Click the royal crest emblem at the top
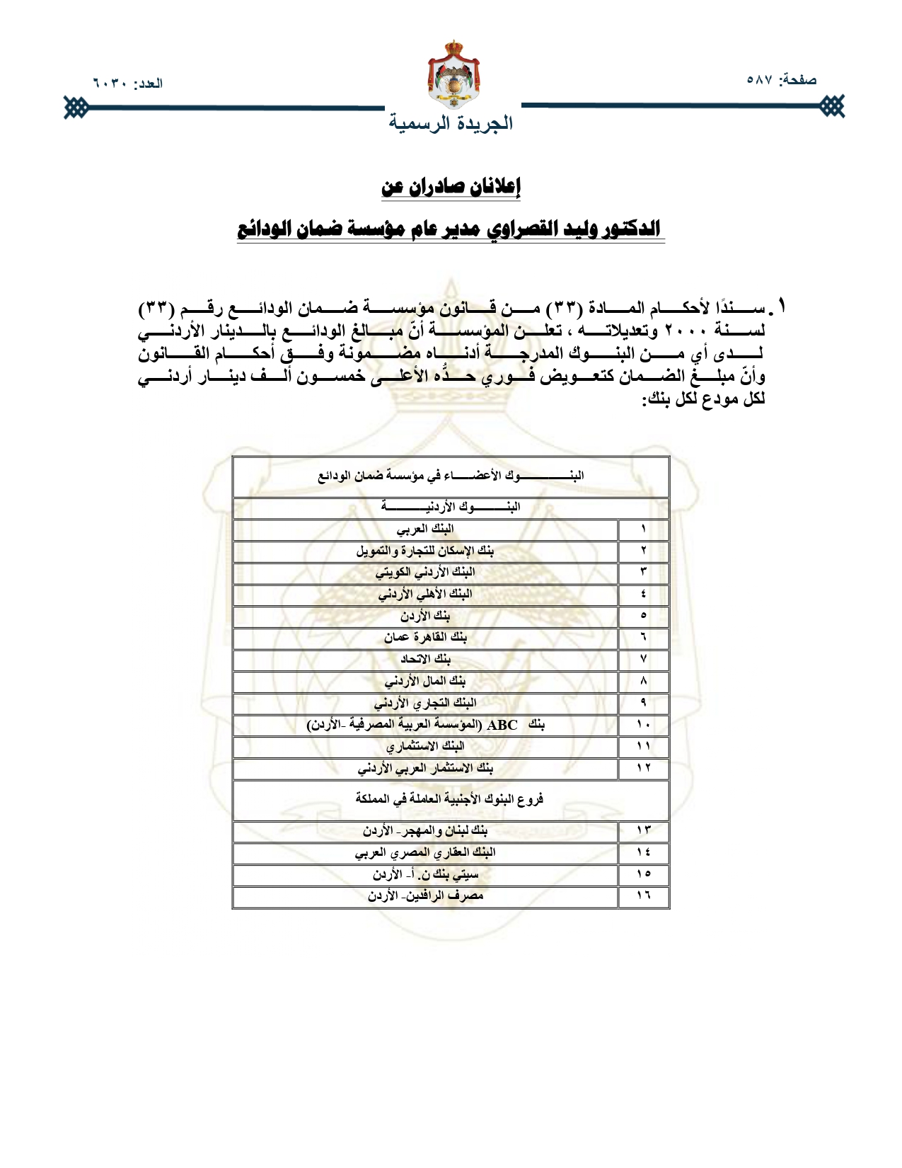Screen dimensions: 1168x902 pyautogui.click(x=453, y=74)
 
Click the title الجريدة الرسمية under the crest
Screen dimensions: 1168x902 pyautogui.click(x=451, y=123)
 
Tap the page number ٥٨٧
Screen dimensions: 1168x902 pyautogui.click(x=760, y=80)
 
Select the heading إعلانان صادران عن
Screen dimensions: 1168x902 pyautogui.click(x=451, y=187)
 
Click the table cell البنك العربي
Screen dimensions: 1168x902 pyautogui.click(x=425, y=529)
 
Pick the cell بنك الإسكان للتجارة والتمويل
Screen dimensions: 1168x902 pyautogui.click(x=425, y=551)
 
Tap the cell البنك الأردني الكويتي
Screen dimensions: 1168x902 pyautogui.click(x=425, y=572)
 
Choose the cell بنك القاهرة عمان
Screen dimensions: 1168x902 pyautogui.click(x=425, y=637)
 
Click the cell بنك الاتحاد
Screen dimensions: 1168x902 pyautogui.click(x=425, y=659)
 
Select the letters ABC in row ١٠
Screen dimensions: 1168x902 pyautogui.click(x=502, y=725)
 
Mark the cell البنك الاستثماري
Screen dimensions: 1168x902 pyautogui.click(x=425, y=746)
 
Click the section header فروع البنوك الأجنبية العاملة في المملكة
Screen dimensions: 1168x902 pyautogui.click(x=450, y=799)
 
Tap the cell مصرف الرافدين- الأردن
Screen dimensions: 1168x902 pyautogui.click(x=425, y=895)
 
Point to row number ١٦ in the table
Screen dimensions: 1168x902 pyautogui.click(x=643, y=895)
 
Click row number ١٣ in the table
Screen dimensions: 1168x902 pyautogui.click(x=643, y=830)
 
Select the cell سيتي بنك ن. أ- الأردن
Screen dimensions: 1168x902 pyautogui.click(x=425, y=874)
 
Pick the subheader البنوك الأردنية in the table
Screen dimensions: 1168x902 pyautogui.click(x=451, y=507)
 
